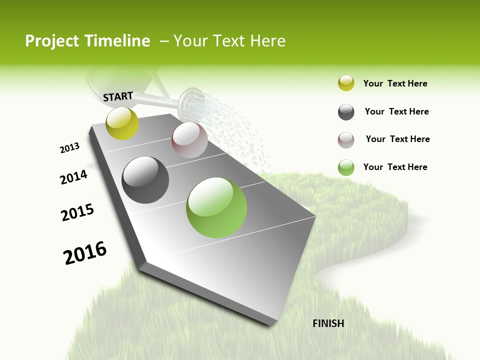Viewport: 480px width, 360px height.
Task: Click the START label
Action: point(118,96)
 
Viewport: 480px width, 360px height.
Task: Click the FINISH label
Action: point(328,323)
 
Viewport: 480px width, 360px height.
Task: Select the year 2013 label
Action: point(69,148)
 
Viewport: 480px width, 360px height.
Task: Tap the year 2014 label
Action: point(73,177)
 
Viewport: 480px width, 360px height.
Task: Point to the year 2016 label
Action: point(85,253)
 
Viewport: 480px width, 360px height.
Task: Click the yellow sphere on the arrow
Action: point(122,123)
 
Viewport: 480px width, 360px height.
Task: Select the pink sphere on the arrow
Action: point(189,140)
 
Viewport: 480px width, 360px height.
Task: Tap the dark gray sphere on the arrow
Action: point(145,180)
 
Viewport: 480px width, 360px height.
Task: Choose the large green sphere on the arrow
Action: point(216,207)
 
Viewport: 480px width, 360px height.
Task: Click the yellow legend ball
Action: point(346,83)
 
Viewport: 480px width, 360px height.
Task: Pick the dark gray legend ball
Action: point(346,112)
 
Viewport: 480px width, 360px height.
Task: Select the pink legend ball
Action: point(346,140)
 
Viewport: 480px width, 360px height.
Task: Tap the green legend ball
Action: point(346,167)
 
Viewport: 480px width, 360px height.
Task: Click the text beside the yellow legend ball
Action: point(395,83)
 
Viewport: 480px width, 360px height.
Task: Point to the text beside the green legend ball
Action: point(395,167)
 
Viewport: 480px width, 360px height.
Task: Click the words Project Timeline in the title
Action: point(87,41)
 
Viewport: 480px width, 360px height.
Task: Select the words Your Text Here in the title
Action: point(229,41)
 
